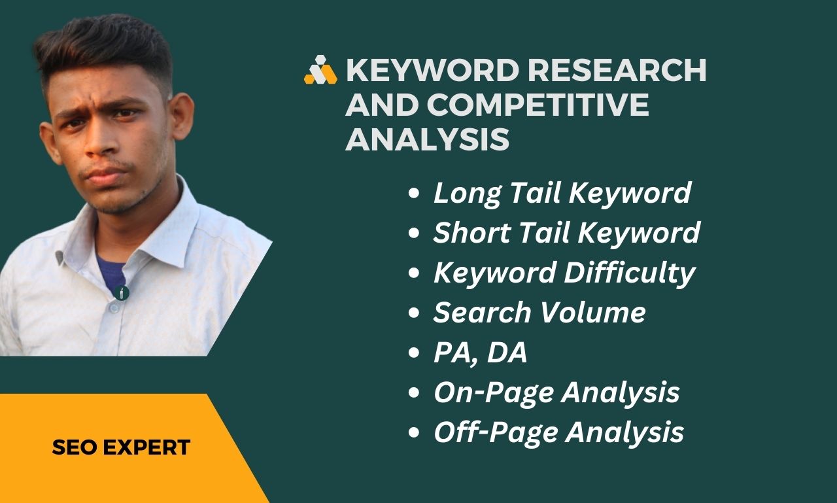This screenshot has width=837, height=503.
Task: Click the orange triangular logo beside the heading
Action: pyautogui.click(x=320, y=71)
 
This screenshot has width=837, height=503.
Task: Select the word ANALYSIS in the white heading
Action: pyautogui.click(x=427, y=139)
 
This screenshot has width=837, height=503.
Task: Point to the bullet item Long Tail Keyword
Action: pyautogui.click(x=562, y=193)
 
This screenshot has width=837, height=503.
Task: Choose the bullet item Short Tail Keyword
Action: pyautogui.click(x=566, y=233)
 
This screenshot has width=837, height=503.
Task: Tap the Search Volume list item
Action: pyautogui.click(x=539, y=313)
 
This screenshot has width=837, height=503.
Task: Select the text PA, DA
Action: pyautogui.click(x=480, y=353)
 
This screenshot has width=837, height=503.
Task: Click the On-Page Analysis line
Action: pyautogui.click(x=556, y=392)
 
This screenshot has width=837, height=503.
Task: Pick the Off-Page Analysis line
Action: pyautogui.click(x=558, y=432)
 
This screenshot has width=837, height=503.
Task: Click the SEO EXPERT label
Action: pyautogui.click(x=121, y=447)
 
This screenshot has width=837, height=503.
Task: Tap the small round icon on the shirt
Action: pyautogui.click(x=122, y=293)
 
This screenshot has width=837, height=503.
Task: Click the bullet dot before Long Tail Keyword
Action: pyautogui.click(x=413, y=194)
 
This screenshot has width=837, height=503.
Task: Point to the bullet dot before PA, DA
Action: pyautogui.click(x=413, y=354)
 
